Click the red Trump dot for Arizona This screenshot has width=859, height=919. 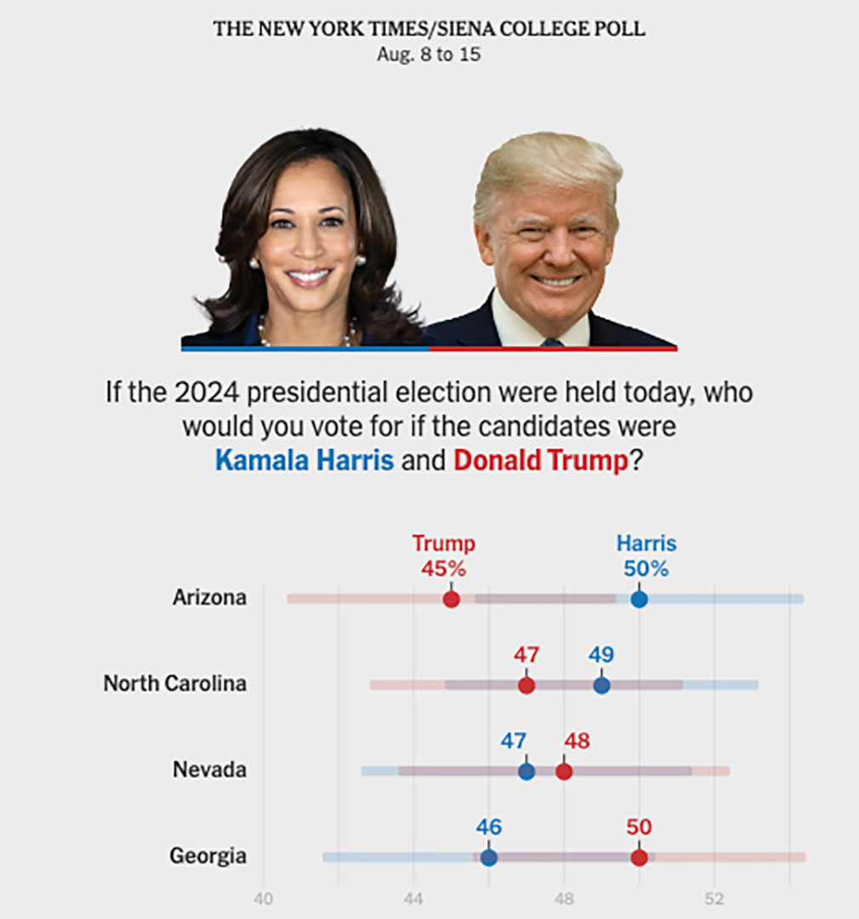(452, 599)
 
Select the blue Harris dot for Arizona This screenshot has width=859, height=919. (639, 599)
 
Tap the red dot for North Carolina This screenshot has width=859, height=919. (526, 685)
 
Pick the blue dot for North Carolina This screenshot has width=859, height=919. (601, 685)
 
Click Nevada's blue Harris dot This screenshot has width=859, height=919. (526, 772)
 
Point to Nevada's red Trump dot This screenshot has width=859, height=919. (564, 772)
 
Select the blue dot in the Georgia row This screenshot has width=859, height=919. (489, 858)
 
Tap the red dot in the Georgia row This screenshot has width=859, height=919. (639, 858)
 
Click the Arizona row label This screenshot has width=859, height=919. (209, 597)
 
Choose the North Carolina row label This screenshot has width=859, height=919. (174, 683)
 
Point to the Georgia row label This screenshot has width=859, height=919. (208, 856)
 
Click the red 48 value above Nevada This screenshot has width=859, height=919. (577, 741)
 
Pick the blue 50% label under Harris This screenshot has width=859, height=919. (646, 569)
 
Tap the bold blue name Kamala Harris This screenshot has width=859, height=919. (304, 460)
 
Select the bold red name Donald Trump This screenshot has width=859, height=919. (540, 460)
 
